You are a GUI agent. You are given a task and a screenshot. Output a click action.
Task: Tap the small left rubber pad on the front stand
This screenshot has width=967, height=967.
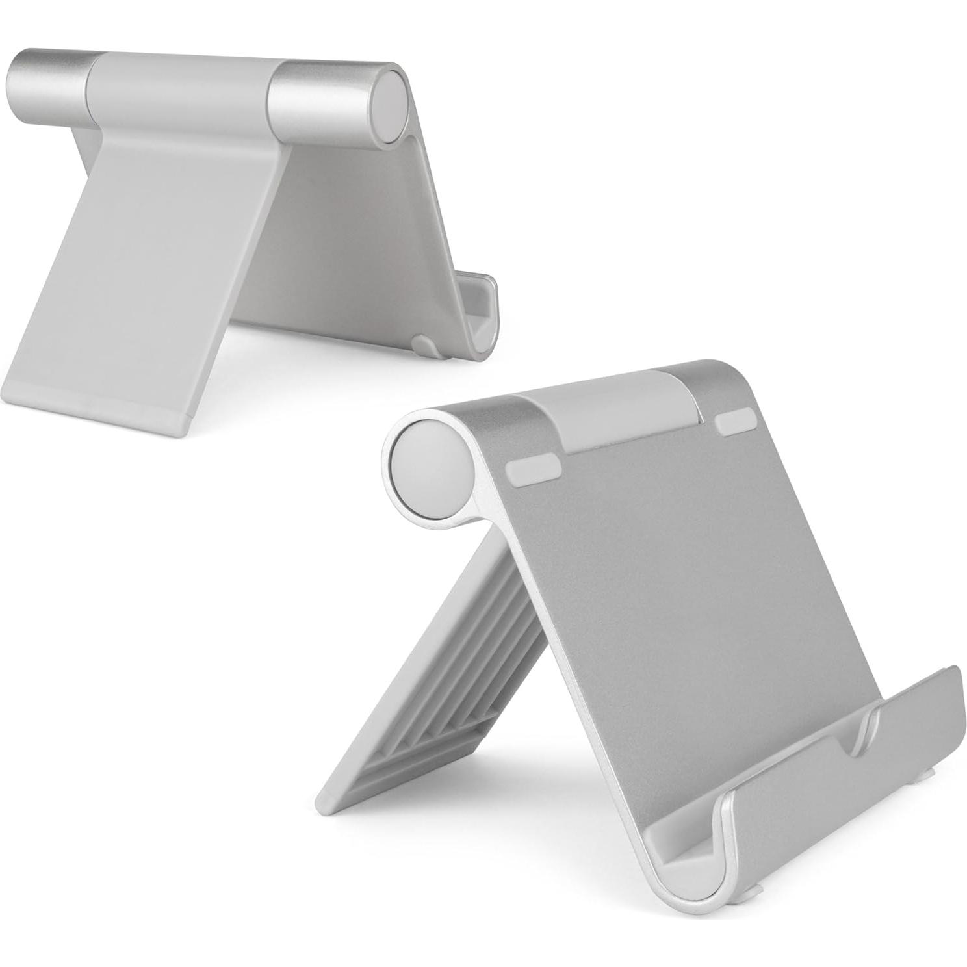(x=532, y=471)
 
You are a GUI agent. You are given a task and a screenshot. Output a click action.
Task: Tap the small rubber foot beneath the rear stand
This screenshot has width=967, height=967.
(x=426, y=344)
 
